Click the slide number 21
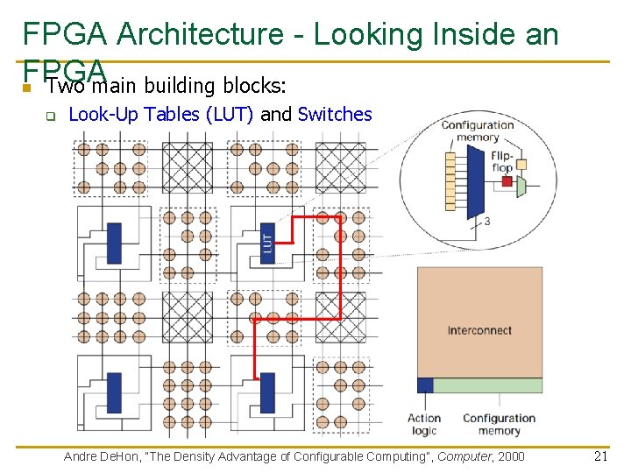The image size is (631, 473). [600, 455]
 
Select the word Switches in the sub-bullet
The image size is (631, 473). [335, 115]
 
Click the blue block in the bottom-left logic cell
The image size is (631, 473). [113, 392]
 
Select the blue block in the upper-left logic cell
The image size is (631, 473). [114, 244]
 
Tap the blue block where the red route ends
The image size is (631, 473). [267, 392]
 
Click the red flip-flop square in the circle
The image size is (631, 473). [506, 181]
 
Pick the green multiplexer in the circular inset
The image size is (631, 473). [521, 186]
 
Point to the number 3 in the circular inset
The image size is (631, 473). [486, 221]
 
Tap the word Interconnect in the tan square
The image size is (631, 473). [479, 330]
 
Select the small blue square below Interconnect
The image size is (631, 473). [425, 385]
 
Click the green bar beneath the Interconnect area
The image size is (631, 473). [487, 385]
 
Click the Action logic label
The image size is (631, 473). [424, 424]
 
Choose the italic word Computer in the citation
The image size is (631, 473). [465, 456]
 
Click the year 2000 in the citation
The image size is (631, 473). [510, 456]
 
